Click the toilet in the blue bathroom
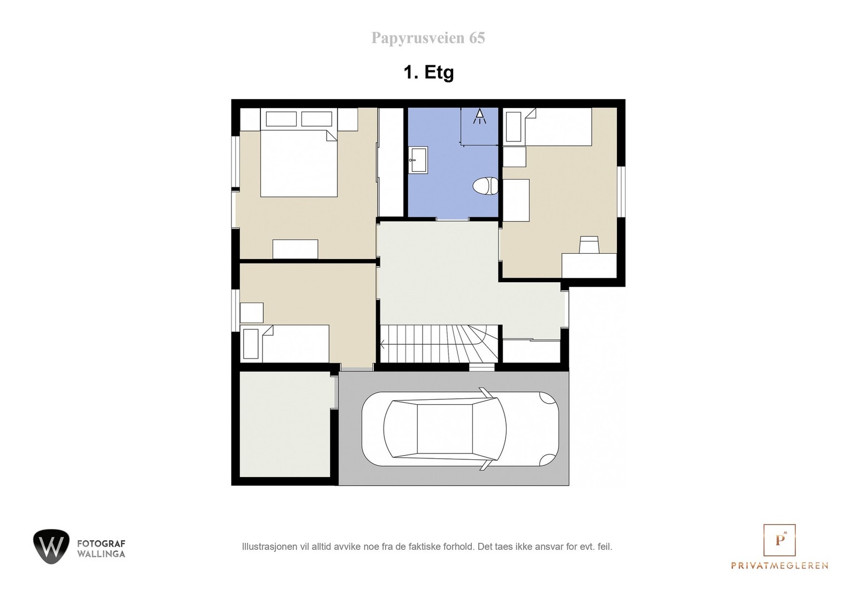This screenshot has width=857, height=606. pos(485,186)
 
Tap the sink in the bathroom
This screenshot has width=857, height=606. pos(418,160)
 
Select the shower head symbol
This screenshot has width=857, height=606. pos(479,116)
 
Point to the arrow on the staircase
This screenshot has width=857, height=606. pos(384,344)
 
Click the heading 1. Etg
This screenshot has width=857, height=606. pos(428,72)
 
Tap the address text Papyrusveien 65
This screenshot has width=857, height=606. pos(428,38)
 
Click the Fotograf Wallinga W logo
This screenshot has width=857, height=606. pos(51,546)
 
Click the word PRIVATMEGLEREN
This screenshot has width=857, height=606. pos(779,565)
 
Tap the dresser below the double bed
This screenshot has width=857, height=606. pos(295,249)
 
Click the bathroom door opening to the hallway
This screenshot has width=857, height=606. pos(453,219)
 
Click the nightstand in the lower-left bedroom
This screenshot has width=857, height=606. pos(251,312)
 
